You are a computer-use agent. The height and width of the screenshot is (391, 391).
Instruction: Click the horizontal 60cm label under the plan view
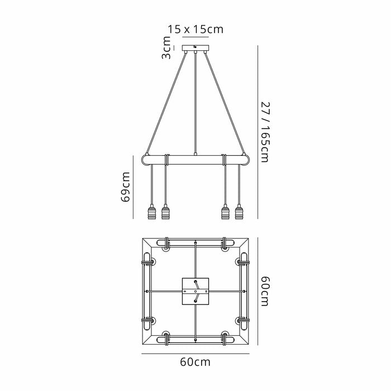(x=195, y=362)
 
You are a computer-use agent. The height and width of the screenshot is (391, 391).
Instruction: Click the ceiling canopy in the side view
(x=194, y=47)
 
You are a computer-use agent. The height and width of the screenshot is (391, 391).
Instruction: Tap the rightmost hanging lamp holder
(x=240, y=213)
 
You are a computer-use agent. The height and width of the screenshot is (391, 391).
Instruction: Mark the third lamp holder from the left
(x=226, y=213)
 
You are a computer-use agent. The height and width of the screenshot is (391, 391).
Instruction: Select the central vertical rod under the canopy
(x=195, y=101)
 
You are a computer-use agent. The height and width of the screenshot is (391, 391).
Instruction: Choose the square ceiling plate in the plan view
(x=195, y=292)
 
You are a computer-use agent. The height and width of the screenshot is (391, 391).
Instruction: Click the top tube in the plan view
(x=195, y=244)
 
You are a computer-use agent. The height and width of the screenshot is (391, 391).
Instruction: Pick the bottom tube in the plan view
(x=195, y=338)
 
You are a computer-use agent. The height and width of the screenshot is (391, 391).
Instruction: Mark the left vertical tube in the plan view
(x=149, y=292)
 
